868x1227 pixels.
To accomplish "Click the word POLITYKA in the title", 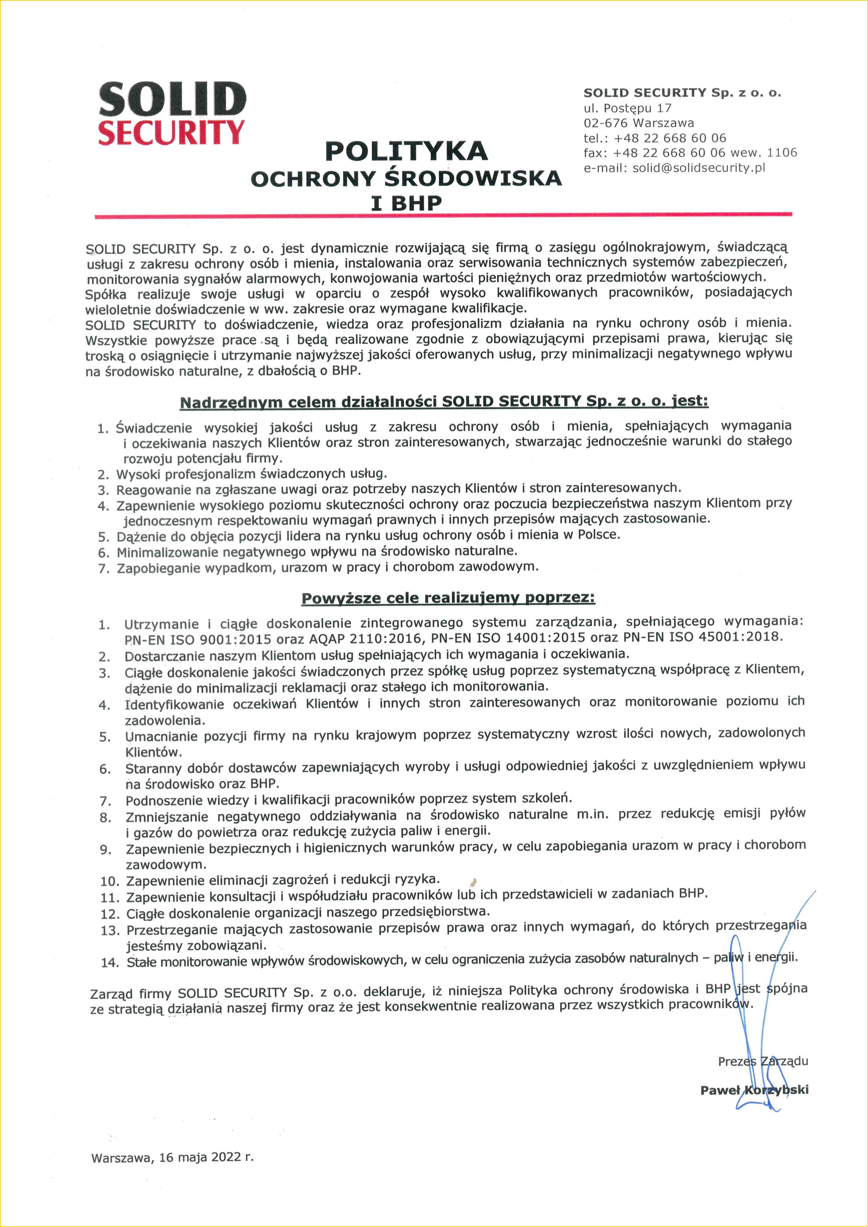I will (x=406, y=151).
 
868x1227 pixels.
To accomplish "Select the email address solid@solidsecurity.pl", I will (x=699, y=168).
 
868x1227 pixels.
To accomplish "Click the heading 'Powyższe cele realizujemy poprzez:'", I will (x=448, y=598).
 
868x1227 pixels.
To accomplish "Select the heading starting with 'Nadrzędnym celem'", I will (x=444, y=401).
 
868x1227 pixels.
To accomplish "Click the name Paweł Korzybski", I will (x=754, y=1090).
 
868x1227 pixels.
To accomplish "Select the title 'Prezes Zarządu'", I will (x=763, y=1061).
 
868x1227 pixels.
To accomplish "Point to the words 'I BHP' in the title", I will (x=406, y=203).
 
